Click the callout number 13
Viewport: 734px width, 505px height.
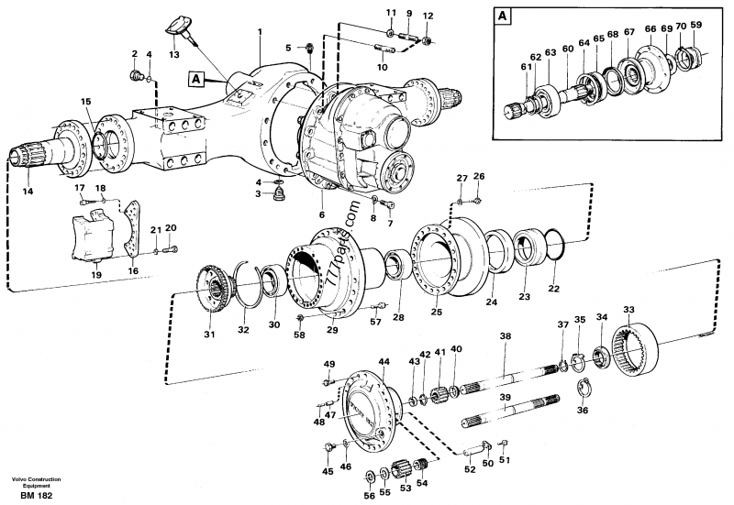coord(174,55)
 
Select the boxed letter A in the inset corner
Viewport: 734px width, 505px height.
coord(503,16)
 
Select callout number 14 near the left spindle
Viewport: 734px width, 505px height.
coord(27,192)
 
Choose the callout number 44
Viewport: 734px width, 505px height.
coord(384,363)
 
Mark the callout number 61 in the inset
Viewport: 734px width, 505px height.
coord(526,66)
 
